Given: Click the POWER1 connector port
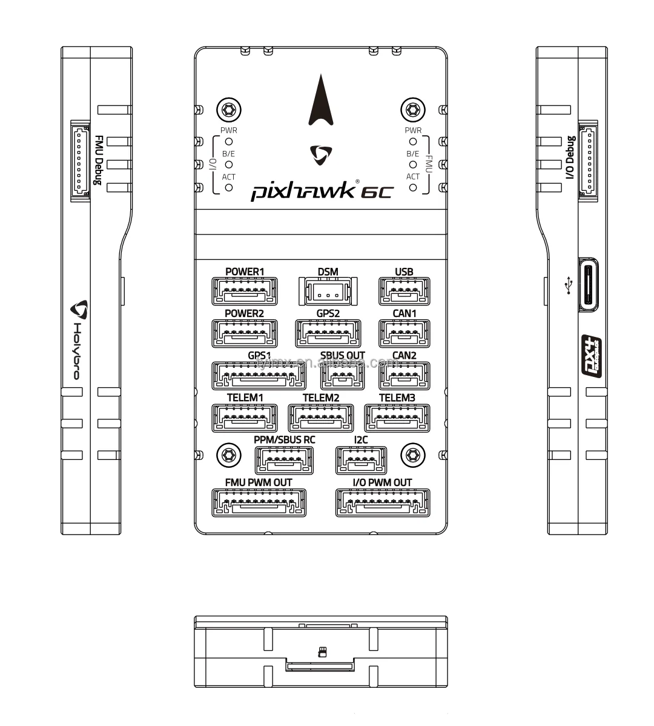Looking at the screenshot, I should pos(245,291).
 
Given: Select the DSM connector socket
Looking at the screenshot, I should pos(328,291).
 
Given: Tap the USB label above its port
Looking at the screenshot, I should pos(404,271).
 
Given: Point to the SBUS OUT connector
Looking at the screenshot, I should pos(343,376).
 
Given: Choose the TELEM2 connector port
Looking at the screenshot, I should pos(321,418).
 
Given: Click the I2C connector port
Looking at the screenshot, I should pos(361,461).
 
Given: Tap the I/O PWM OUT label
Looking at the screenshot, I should pos(382,482).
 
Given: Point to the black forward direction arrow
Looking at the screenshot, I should pos(321,100).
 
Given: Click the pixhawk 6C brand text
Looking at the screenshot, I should pos(322,191).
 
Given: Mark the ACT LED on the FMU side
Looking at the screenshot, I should pos(413,187).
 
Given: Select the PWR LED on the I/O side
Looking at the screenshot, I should pos(229,141).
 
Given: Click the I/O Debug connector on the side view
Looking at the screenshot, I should pos(588,161).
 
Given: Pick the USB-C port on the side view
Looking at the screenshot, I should pos(588,284).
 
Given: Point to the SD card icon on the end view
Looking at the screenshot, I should pos(323,652).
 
